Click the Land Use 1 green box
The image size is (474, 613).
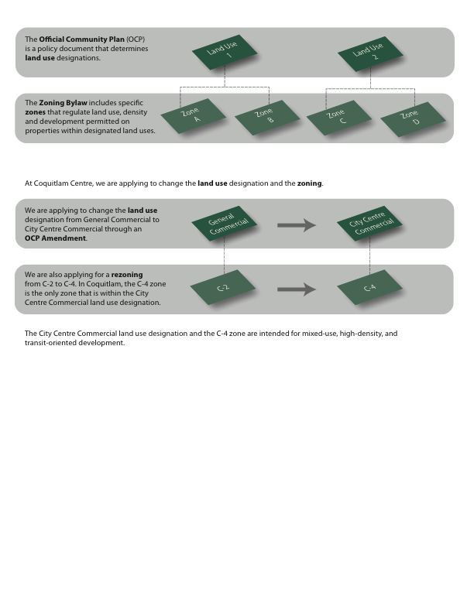[x=224, y=53]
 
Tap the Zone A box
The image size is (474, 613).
[x=190, y=117]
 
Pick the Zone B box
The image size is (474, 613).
[x=264, y=117]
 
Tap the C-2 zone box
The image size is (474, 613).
[x=224, y=289]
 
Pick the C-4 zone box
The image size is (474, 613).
[x=370, y=289]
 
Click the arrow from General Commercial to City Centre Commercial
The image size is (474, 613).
[x=297, y=225]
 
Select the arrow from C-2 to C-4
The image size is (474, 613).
[x=297, y=290]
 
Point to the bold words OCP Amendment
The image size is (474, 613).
[x=56, y=238]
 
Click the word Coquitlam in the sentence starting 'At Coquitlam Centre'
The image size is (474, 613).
[x=50, y=183]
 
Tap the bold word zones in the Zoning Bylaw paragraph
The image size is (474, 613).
[x=37, y=112]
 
